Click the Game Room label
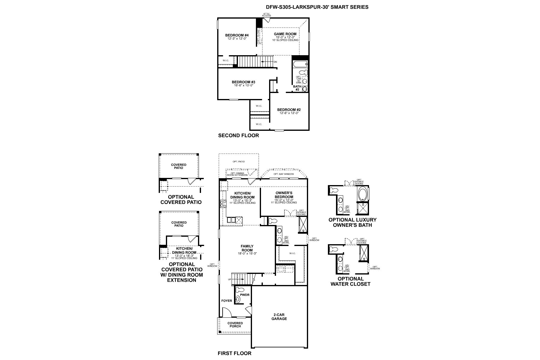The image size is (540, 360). point(285,34)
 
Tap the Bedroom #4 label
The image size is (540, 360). point(237,35)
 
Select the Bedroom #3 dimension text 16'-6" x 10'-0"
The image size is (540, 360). point(244,85)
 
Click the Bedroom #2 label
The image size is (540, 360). point(289,109)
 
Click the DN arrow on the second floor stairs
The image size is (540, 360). point(267,61)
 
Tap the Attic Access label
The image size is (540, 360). point(266,15)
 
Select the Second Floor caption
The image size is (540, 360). point(238,135)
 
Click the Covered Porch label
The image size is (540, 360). point(235,325)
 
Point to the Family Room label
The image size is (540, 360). point(247,248)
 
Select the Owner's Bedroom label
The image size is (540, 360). point(283,195)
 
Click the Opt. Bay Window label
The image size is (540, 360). point(283,174)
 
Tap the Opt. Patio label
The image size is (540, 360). point(238,162)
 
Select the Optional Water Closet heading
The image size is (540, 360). point(350,281)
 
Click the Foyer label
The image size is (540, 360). point(226,301)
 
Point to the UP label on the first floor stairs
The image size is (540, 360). point(229,279)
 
